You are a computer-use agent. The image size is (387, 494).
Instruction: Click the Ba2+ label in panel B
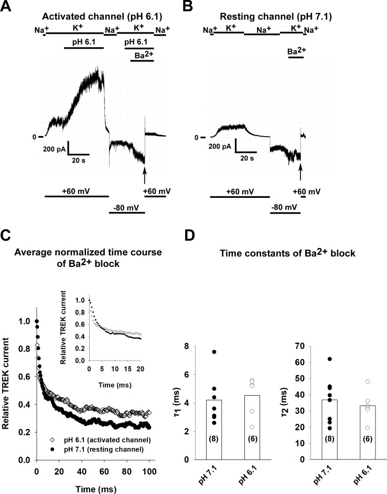(296, 51)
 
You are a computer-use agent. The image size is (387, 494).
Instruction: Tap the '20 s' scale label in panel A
(79, 160)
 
